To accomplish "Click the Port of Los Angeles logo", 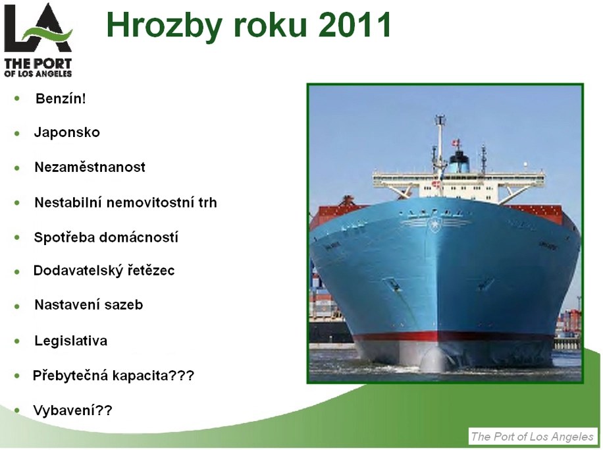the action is (38, 40).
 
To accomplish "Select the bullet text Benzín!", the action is (61, 99).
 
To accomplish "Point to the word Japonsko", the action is (67, 132).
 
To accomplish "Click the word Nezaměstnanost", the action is (90, 167).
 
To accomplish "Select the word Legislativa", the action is (70, 341).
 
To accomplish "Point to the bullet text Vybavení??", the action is (72, 410).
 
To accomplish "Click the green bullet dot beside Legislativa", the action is (17, 341).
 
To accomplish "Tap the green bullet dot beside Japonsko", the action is (17, 134).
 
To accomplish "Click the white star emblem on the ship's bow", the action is (434, 224).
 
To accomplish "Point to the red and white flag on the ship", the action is (456, 143).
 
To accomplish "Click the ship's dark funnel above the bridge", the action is (459, 161).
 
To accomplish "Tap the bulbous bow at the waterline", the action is (434, 358).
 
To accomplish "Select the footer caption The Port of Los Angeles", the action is (533, 437).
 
